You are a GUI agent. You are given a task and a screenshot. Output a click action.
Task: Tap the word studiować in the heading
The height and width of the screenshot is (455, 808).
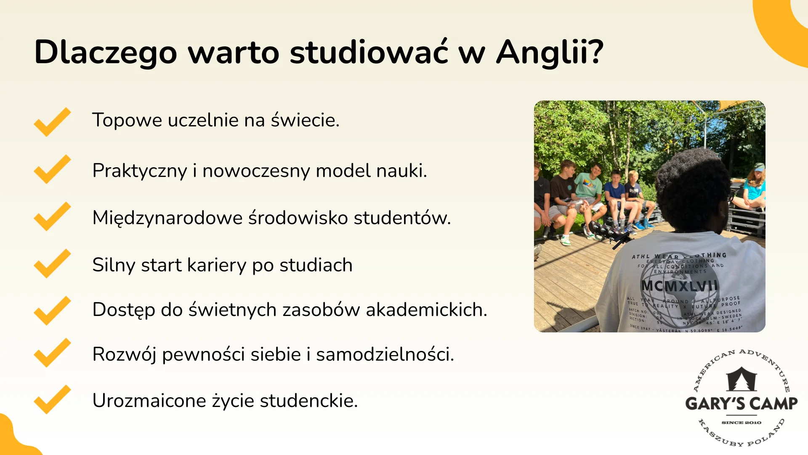369,52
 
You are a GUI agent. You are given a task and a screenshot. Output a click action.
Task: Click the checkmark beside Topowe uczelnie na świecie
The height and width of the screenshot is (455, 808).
52,122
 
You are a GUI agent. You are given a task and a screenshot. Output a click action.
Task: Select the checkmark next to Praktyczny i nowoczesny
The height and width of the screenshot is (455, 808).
52,169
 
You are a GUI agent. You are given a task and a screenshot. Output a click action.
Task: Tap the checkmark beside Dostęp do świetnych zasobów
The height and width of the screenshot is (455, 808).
52,310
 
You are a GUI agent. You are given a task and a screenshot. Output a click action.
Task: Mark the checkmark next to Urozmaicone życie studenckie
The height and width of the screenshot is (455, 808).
52,399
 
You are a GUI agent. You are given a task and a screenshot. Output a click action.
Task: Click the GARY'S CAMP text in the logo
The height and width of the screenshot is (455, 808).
741,404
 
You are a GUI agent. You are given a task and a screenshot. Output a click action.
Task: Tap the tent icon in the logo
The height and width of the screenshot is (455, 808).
741,379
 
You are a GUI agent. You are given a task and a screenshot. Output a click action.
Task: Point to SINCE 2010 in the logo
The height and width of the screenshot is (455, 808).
741,423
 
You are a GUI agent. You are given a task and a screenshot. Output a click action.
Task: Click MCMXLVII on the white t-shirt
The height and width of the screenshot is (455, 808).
679,286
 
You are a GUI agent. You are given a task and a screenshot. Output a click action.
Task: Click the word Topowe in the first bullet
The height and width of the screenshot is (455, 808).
127,120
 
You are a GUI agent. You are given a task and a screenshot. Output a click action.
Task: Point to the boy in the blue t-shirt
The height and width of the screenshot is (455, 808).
614,194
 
